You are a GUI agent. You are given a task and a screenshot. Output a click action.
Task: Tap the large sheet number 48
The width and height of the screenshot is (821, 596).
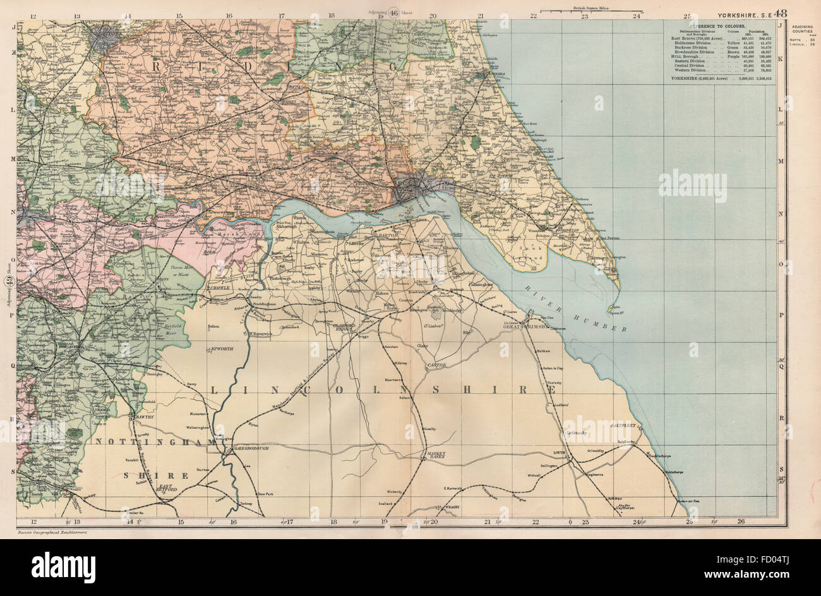coord(781,12)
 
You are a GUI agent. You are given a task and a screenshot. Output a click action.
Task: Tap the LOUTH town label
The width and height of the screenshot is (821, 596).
coord(558,453)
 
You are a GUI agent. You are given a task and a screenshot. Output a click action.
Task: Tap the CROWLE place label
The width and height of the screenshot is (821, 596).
coord(219,288)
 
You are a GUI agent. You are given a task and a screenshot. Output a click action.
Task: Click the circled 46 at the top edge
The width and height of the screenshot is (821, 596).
coord(393,12)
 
